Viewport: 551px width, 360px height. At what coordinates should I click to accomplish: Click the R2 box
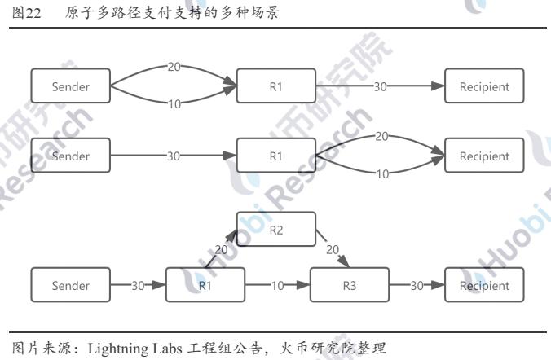click(x=275, y=229)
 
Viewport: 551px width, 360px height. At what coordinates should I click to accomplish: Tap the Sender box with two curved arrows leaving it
click(x=70, y=86)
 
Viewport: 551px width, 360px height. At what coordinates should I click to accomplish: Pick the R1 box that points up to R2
click(x=205, y=285)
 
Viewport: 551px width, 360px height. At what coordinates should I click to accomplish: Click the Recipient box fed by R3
click(x=484, y=285)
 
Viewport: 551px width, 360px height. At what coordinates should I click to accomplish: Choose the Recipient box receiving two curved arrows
click(x=484, y=156)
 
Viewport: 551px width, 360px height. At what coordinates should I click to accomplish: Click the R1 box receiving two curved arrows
click(x=275, y=86)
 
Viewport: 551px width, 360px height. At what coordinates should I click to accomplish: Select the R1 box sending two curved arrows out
click(x=275, y=156)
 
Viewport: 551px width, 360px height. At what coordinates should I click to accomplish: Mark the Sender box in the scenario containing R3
click(x=70, y=285)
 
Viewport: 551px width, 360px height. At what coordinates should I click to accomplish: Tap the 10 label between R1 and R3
click(x=277, y=285)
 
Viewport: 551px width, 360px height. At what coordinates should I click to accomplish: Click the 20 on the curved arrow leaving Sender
click(x=174, y=67)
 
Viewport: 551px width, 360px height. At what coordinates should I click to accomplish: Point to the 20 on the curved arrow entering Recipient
click(x=381, y=137)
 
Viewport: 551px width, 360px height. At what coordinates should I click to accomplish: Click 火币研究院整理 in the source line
click(x=333, y=349)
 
